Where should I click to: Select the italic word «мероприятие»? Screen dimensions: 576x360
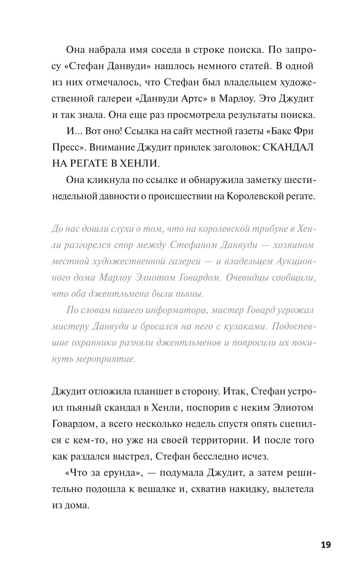[106, 359]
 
